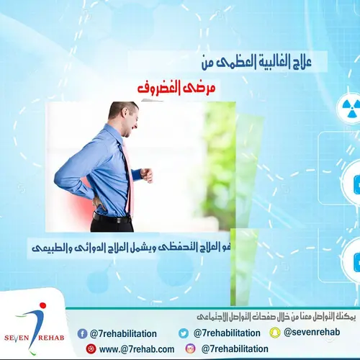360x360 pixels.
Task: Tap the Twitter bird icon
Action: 184,333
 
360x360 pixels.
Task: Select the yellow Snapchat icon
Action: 274,333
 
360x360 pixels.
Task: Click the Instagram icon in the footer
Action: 191,348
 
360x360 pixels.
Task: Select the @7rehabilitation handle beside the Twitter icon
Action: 225,333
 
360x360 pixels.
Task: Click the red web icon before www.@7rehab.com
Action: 90,348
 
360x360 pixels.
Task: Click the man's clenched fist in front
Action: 147,174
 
